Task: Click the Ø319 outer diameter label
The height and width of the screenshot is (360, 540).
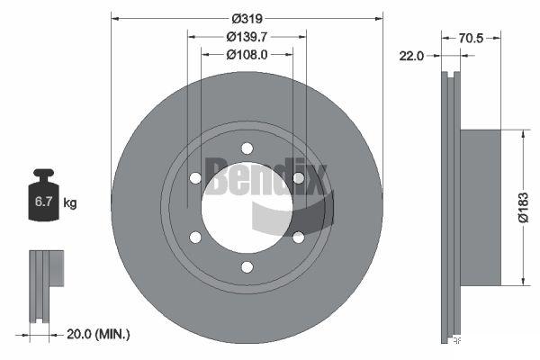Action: tap(247, 19)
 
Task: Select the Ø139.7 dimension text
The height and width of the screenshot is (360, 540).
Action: tap(247, 37)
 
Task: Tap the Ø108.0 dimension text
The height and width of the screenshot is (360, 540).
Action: tap(247, 55)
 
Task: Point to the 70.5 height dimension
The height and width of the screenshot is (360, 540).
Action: tap(471, 38)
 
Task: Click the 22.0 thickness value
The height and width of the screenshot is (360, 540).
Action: tap(411, 56)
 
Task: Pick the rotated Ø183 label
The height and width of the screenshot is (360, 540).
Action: tap(523, 208)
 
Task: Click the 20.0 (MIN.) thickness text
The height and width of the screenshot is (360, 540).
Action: tap(98, 334)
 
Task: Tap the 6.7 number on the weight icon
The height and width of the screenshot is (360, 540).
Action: tap(43, 202)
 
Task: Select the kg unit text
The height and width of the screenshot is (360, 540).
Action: tap(70, 202)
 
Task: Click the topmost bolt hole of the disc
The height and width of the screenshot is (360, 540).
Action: tap(247, 148)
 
